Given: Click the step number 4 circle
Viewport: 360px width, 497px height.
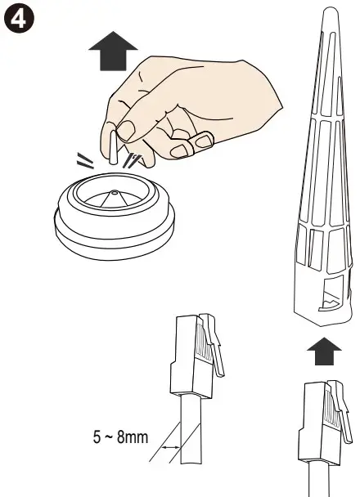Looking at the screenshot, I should click(x=17, y=16).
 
